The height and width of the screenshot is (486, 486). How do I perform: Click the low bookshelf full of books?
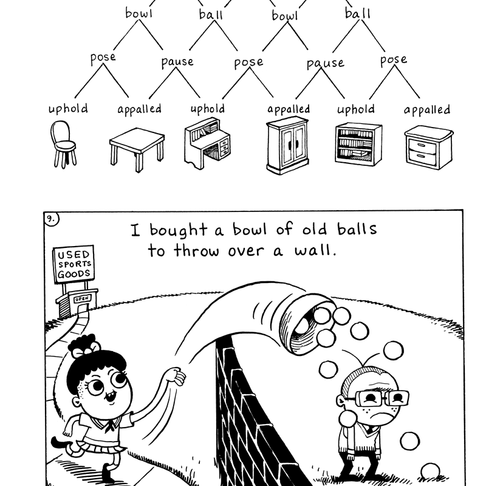point(358,143)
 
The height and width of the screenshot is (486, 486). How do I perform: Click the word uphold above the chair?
point(68,109)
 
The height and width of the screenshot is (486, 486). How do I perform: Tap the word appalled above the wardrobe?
point(289,109)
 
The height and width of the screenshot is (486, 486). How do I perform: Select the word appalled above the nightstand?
point(427,110)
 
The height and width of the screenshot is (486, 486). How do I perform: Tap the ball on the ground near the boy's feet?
point(430,470)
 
